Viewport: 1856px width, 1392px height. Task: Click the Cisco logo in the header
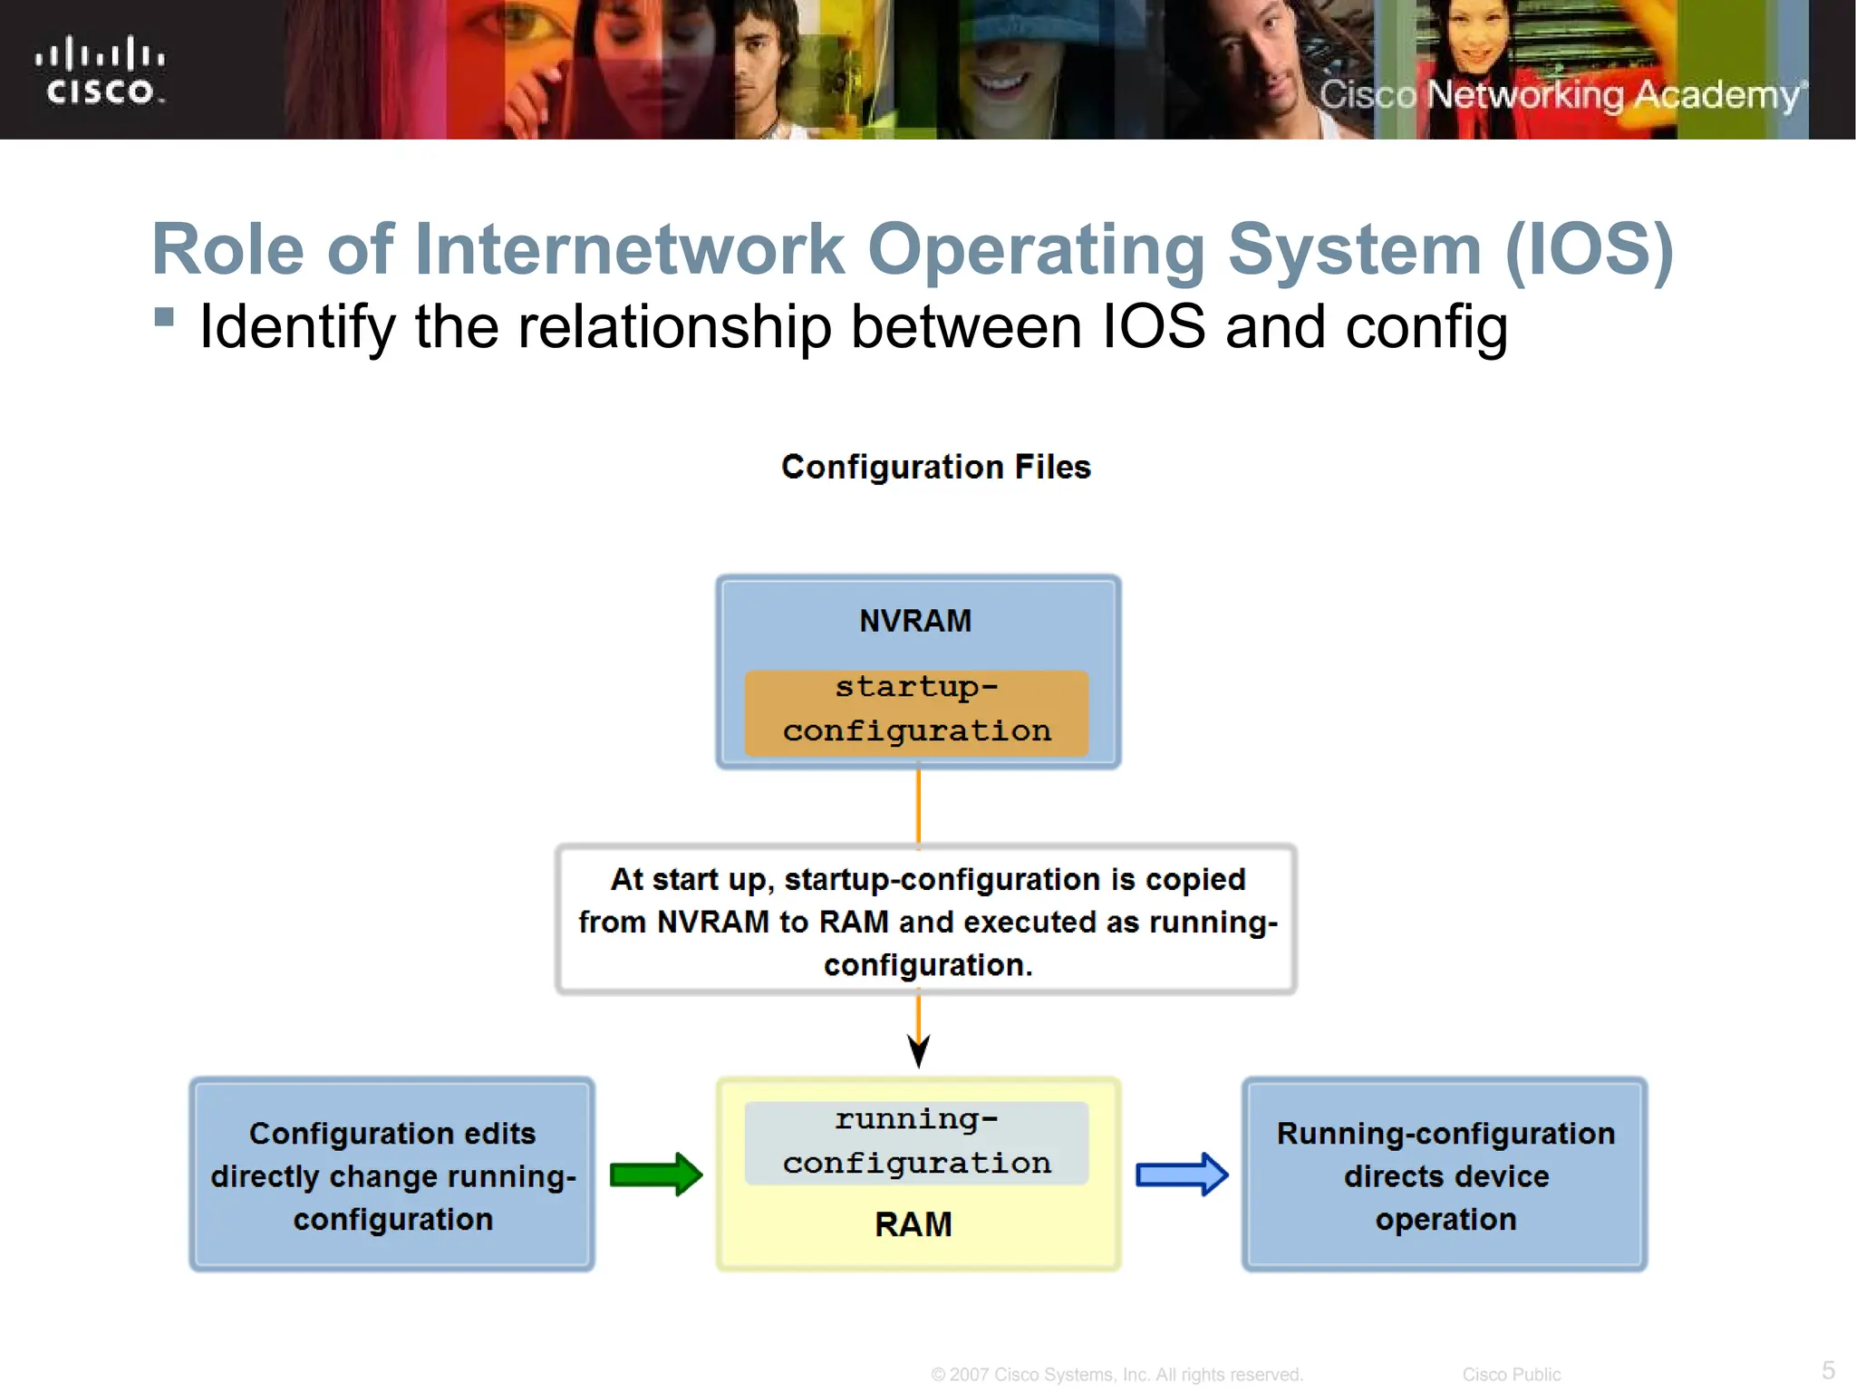coord(100,71)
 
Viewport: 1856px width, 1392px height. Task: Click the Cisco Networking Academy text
coord(1561,94)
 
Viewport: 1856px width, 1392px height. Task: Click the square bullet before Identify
coord(164,316)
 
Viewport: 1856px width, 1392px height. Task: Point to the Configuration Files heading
coord(936,467)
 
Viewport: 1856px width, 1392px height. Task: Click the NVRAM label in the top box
coord(915,621)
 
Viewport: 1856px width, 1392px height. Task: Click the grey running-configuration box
coord(916,1142)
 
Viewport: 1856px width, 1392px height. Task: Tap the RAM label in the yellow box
coord(913,1224)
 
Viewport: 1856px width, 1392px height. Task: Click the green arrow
coord(655,1174)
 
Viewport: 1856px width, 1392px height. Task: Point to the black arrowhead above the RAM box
coord(918,1051)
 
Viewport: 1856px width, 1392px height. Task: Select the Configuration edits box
coord(392,1174)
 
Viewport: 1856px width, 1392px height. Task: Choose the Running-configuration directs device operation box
coord(1445,1174)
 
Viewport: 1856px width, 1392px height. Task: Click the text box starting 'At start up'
coord(926,921)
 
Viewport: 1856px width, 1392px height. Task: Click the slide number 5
coord(1828,1369)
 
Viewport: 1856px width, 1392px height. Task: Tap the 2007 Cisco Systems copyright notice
coord(1116,1375)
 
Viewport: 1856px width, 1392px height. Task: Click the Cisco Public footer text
coord(1511,1375)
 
